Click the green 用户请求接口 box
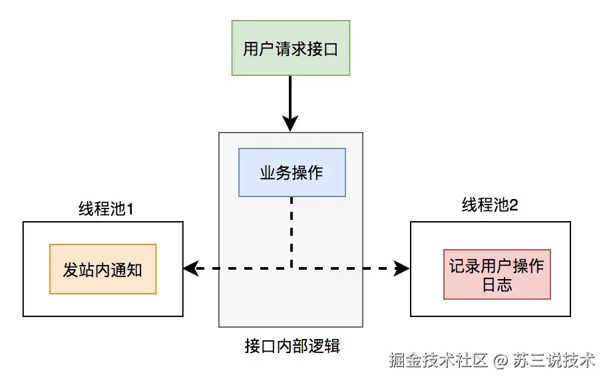[x=290, y=48]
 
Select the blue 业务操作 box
[x=292, y=173]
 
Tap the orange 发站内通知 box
[x=102, y=269]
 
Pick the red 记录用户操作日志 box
[x=497, y=275]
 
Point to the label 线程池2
[x=490, y=205]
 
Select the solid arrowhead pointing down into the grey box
[x=290, y=123]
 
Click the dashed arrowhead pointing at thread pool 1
[x=191, y=268]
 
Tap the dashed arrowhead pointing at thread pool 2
[x=402, y=268]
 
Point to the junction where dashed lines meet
[x=291, y=268]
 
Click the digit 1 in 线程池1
[x=130, y=209]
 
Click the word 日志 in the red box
[x=497, y=285]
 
